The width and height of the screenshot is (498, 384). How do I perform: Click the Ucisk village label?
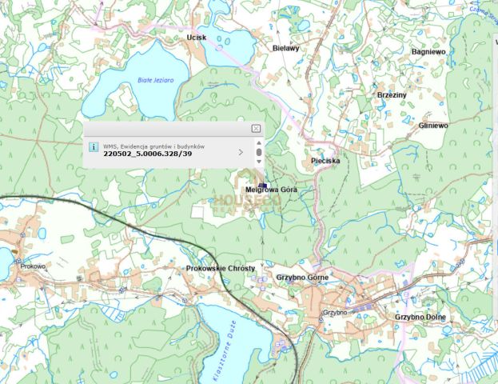tap(196, 38)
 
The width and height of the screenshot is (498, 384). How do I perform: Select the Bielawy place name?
tap(285, 48)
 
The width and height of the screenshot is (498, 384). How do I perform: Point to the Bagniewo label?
tap(428, 51)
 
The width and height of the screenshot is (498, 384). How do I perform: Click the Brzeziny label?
tap(392, 95)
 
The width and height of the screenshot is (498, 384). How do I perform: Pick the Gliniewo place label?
tap(432, 126)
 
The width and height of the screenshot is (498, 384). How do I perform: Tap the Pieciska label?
tap(325, 161)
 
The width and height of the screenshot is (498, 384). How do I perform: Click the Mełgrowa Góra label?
tap(271, 190)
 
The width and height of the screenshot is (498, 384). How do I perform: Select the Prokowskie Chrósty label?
tap(221, 268)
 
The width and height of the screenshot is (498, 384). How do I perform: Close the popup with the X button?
tap(256, 128)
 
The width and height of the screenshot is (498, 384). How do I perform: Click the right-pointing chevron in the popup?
tap(241, 151)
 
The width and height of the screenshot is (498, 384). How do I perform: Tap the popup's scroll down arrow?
tap(259, 162)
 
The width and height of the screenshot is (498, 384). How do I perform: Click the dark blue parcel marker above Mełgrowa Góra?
tap(262, 185)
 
